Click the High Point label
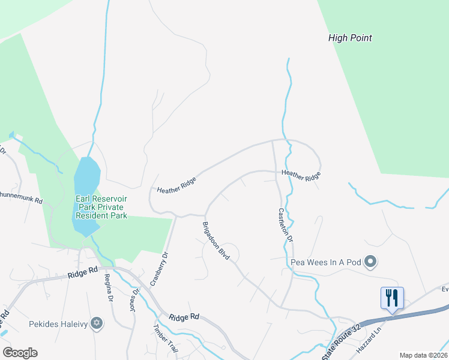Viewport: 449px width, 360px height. tap(350, 38)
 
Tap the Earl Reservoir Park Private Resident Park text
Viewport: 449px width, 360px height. tap(101, 207)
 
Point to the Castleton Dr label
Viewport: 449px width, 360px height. tap(286, 225)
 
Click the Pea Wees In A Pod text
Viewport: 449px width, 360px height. tap(327, 262)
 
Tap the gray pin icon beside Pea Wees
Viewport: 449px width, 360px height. tap(371, 261)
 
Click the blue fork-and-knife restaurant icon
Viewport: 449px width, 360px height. tap(392, 298)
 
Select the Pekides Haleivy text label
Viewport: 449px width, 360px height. tap(58, 325)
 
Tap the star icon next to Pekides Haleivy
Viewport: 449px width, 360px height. tap(96, 325)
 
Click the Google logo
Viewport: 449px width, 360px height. tap(20, 353)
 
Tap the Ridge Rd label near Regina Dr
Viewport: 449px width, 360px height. tap(82, 273)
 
